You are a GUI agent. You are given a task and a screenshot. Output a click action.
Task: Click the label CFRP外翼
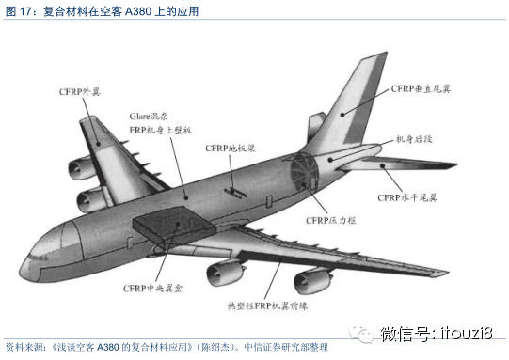point(79,91)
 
